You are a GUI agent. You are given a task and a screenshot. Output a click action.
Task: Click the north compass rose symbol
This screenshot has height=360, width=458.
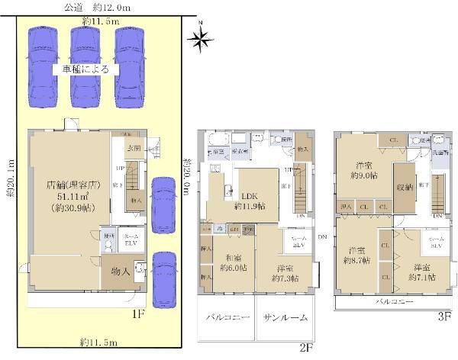tap(202, 40)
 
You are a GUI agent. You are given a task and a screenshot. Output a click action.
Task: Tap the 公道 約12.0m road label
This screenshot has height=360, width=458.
tap(97, 7)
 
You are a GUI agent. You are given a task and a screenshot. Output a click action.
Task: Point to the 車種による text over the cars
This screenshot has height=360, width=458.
tap(85, 69)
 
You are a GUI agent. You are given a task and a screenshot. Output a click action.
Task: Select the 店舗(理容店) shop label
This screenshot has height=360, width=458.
tap(69, 185)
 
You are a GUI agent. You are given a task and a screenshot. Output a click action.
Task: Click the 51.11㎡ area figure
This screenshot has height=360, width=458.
tap(69, 196)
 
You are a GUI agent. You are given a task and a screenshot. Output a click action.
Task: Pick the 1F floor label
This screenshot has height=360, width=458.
tap(138, 313)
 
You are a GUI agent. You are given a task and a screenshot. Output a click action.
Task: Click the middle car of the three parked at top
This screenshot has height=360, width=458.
tap(85, 65)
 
